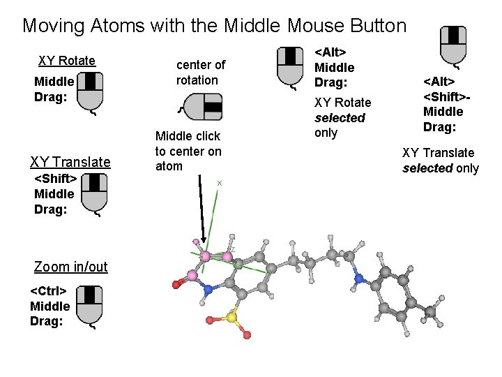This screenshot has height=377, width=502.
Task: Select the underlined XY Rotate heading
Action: [67, 61]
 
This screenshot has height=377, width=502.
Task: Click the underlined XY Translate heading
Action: [70, 163]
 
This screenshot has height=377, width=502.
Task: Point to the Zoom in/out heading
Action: [71, 267]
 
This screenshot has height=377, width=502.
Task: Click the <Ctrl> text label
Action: [48, 290]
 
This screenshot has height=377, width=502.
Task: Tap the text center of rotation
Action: [200, 73]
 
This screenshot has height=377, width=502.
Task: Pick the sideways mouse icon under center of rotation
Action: [202, 108]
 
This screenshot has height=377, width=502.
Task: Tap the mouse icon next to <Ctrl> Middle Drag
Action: [90, 305]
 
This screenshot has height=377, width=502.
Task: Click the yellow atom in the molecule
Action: [231, 319]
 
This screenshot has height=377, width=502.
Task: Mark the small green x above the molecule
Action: [220, 183]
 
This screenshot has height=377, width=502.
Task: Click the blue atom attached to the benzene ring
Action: [359, 279]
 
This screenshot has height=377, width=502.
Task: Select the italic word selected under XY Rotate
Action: [340, 118]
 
